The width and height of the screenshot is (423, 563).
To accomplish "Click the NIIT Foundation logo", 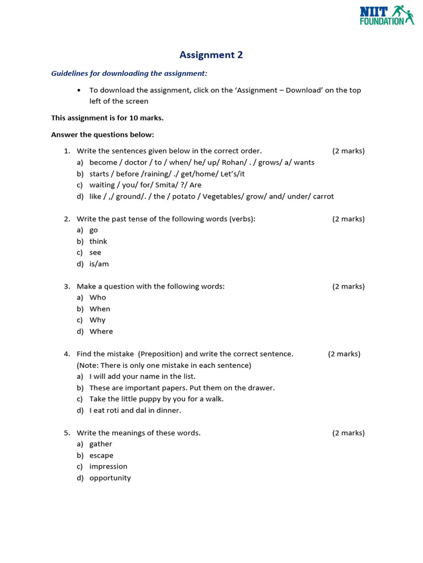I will click(387, 15).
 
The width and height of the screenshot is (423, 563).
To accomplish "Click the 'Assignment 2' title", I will click(211, 55).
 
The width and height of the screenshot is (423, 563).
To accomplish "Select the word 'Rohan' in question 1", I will click(233, 162).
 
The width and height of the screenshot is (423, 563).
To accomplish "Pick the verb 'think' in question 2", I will click(98, 241).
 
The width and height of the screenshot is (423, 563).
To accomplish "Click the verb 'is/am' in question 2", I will click(99, 264).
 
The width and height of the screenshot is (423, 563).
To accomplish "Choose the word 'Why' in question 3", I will click(97, 320).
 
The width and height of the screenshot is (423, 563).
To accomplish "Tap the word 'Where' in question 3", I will click(101, 332).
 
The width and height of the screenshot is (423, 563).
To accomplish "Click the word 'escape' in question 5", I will click(101, 455).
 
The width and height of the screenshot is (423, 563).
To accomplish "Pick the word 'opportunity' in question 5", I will click(110, 478).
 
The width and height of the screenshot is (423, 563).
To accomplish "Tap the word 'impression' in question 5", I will click(108, 466).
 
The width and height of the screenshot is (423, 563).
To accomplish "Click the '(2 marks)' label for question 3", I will click(348, 286).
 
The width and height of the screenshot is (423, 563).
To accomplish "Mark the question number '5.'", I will click(67, 433).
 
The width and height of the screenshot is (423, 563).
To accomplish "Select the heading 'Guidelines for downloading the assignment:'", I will click(129, 73).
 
